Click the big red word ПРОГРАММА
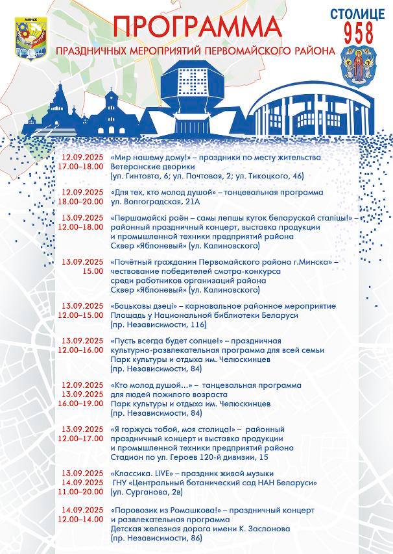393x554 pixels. tap(197, 28)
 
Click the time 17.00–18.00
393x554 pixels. tap(82, 166)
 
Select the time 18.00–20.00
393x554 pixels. tap(82, 202)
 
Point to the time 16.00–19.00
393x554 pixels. tap(82, 403)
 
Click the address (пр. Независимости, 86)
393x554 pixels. tap(156, 538)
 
